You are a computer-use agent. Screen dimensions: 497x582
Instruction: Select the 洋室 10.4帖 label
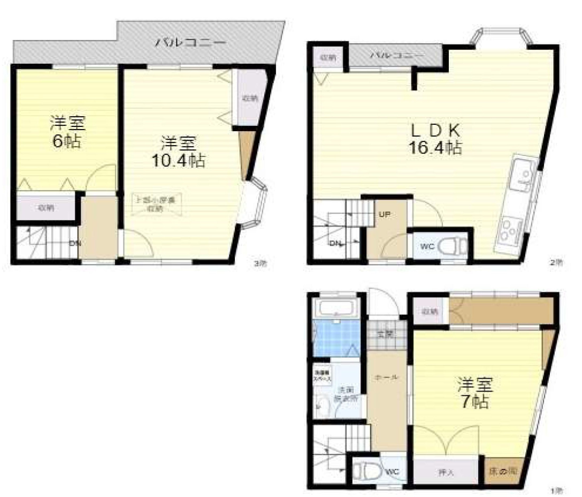[x=178, y=152]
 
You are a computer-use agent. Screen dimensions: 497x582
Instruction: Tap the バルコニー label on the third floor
[x=191, y=43]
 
